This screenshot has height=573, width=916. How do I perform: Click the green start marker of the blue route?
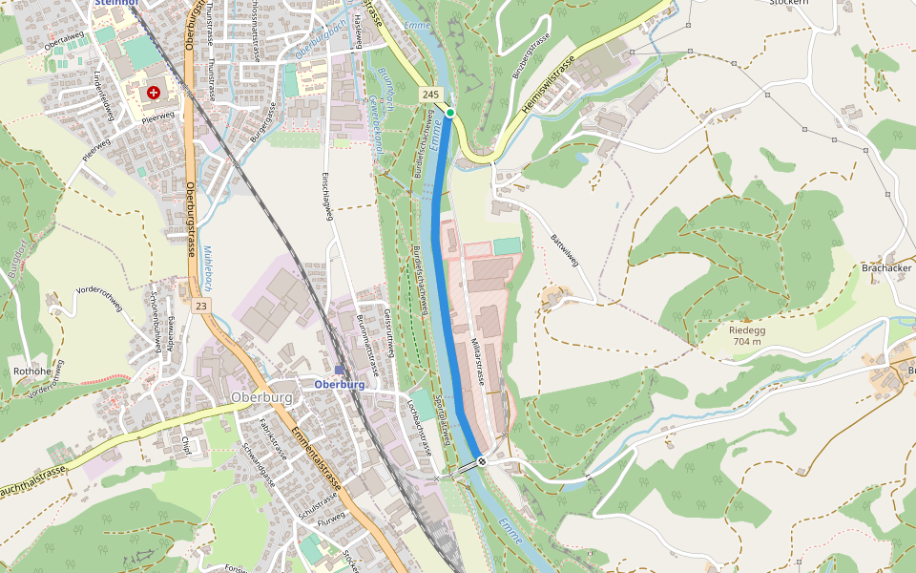(x=450, y=113)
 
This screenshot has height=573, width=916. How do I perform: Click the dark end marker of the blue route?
(x=483, y=462)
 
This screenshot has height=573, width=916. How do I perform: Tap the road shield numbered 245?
(x=430, y=95)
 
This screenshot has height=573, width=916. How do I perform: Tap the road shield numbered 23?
(x=199, y=306)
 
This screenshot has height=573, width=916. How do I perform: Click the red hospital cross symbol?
(x=153, y=92)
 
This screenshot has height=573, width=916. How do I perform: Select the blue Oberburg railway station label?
(x=340, y=385)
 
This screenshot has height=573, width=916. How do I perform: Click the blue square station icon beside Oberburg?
(x=339, y=370)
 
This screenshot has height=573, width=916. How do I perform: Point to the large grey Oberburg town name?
(x=262, y=396)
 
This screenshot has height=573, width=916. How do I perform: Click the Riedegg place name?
(x=748, y=329)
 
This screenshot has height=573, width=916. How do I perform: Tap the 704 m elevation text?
(x=748, y=342)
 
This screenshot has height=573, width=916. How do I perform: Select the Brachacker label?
(x=886, y=268)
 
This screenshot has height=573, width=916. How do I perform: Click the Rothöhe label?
(x=31, y=371)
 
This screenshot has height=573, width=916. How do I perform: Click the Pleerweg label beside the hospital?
(x=158, y=117)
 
